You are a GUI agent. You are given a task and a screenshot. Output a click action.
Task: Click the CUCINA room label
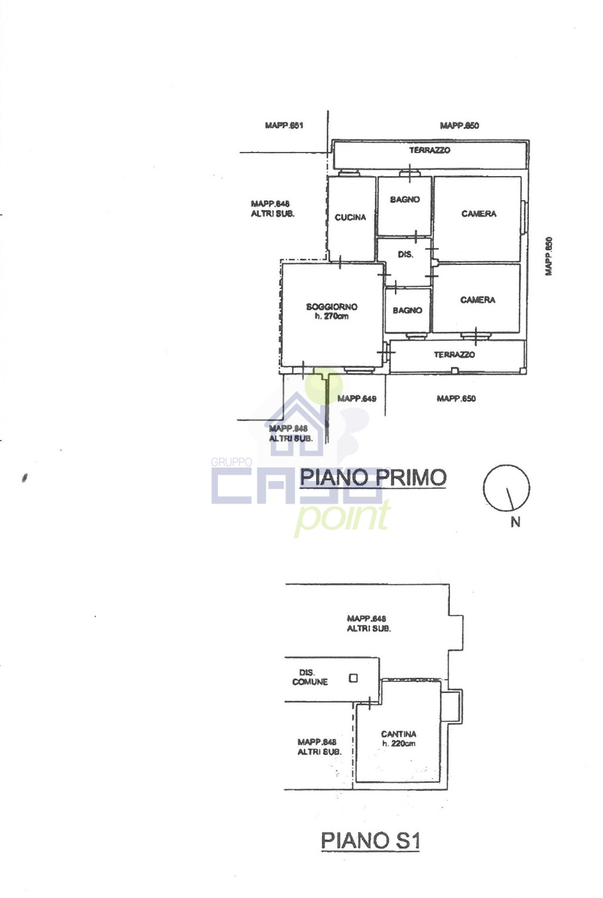(350, 217)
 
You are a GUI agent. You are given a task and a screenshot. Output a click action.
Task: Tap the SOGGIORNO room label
(332, 307)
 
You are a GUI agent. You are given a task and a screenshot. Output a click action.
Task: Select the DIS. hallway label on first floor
(405, 254)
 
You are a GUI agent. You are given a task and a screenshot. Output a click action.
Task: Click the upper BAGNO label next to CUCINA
(405, 199)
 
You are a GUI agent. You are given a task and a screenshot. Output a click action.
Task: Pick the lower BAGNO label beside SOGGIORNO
(407, 310)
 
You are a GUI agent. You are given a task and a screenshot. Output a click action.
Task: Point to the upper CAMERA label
(479, 214)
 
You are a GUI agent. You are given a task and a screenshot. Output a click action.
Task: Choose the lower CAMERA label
(478, 300)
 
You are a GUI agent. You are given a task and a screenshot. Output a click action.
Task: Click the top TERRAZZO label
(429, 150)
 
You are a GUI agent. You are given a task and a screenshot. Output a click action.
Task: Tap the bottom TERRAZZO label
(454, 354)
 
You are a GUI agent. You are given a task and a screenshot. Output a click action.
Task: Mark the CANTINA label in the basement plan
(399, 734)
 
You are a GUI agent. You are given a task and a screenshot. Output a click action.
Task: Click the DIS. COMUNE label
(310, 677)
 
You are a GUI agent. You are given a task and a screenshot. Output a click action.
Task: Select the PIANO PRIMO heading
(373, 477)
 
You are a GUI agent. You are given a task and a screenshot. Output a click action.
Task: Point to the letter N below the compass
(516, 522)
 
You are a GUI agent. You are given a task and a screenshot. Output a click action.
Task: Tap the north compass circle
(506, 465)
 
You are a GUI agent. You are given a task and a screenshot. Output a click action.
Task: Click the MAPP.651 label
(284, 125)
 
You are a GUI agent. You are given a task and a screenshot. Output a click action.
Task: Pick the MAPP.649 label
(357, 399)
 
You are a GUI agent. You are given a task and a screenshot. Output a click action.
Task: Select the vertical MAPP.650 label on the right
(548, 257)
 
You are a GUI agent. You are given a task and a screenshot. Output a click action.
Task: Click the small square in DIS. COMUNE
(353, 678)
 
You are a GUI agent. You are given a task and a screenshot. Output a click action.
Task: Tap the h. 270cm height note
(331, 316)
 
